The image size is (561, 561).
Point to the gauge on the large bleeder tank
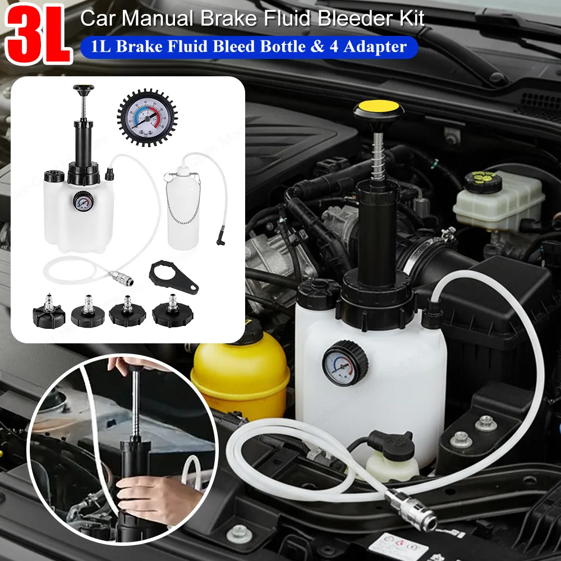(x=344, y=364)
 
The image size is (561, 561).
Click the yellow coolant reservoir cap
(x=242, y=340)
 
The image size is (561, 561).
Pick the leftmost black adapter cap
(x=47, y=312)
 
